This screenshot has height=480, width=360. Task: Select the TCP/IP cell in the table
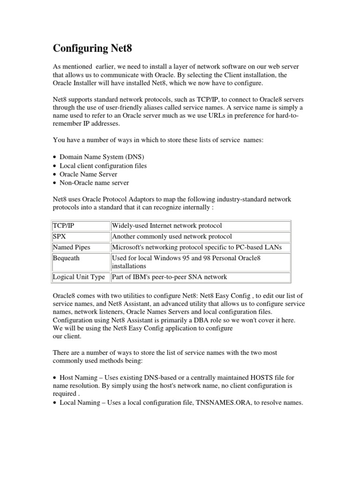pos(63,225)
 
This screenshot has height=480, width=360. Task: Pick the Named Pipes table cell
pos(71,247)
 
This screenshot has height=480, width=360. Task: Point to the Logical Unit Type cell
pos(79,277)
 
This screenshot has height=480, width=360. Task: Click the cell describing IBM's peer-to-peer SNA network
pos(169,277)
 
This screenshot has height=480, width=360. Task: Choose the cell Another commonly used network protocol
pos(172,236)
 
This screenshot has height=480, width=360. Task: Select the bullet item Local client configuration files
pos(103,165)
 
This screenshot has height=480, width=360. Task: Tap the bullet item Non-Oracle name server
pos(94,183)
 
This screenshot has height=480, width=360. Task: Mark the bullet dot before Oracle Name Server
pos(55,174)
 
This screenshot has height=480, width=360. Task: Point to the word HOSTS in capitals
pos(262,377)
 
